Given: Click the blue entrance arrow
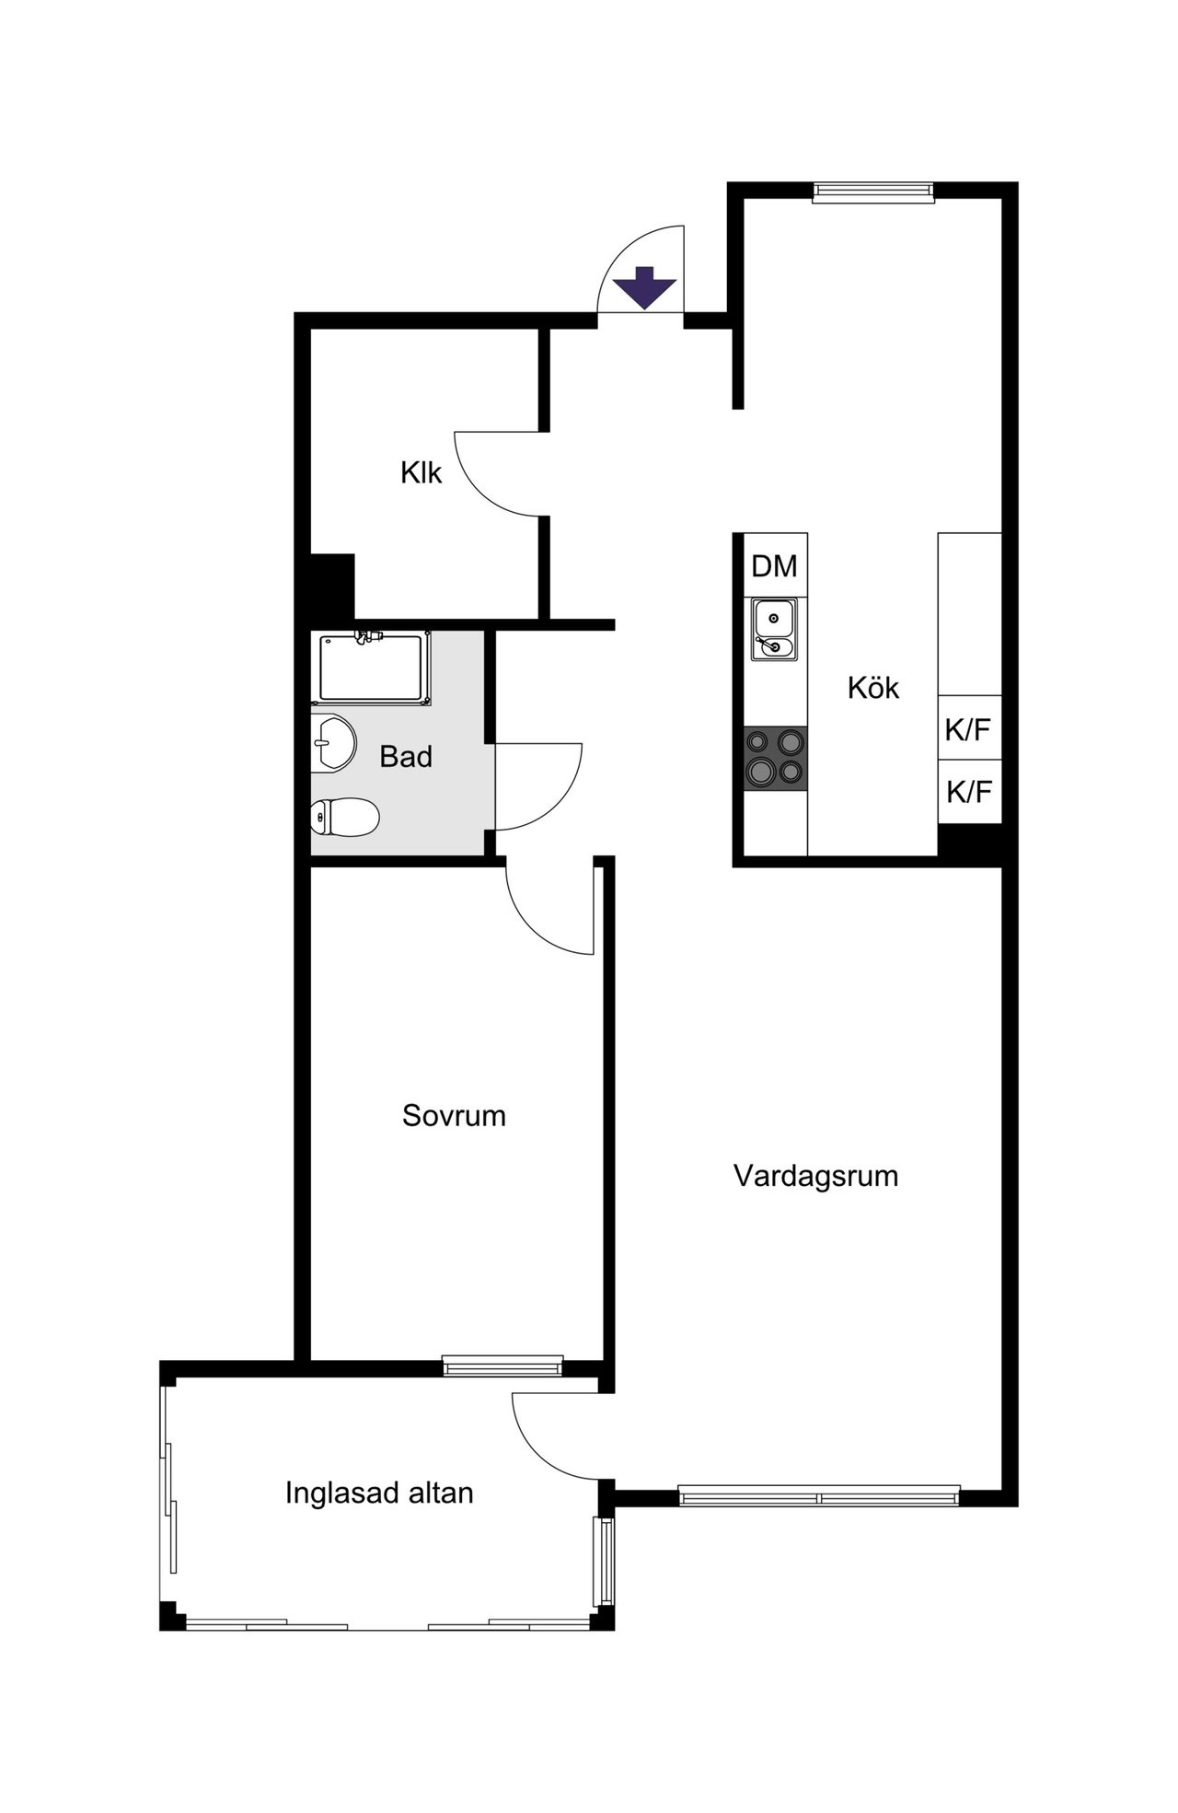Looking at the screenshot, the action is [x=645, y=287].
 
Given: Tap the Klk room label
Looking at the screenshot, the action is [x=422, y=472].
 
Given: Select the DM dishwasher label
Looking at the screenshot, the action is [x=775, y=565].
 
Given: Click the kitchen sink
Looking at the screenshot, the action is [x=774, y=629].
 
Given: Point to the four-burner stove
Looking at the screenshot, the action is [x=776, y=757].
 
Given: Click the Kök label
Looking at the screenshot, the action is [x=873, y=687].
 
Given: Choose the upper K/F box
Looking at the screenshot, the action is [x=969, y=728].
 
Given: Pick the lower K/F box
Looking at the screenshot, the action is [x=969, y=791].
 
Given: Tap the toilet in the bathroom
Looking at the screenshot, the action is [x=345, y=817].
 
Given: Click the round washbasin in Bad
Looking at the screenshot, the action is [x=333, y=742].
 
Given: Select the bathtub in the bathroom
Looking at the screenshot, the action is [x=372, y=668].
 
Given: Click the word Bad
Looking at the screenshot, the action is [x=406, y=757].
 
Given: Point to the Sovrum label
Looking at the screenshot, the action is [x=454, y=1115].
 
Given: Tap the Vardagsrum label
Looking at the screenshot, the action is [x=815, y=1176].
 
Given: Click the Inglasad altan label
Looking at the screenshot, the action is [x=379, y=1492].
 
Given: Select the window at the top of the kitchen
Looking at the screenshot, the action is [x=873, y=192].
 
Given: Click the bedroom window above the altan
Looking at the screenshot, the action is [x=502, y=1366].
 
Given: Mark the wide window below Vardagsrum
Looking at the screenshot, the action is [x=819, y=1496].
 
